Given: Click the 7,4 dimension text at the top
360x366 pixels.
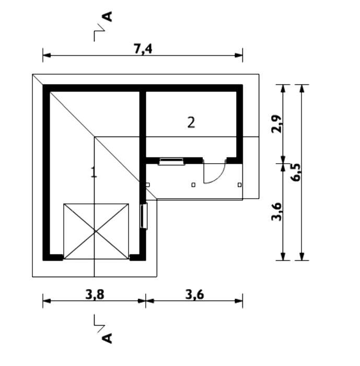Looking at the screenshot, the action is (143, 49).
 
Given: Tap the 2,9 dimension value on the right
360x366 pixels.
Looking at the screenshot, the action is (277, 124).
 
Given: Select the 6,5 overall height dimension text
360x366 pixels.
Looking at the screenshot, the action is (296, 173).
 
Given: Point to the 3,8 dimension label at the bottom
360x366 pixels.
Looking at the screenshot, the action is (95, 294).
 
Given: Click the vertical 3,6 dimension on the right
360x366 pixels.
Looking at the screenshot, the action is (277, 212).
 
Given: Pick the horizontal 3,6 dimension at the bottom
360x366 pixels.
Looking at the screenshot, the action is (194, 294).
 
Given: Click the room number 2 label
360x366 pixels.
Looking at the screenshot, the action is (191, 122).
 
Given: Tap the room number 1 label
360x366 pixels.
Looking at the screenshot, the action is (94, 172).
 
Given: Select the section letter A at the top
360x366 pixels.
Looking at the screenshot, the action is (107, 17).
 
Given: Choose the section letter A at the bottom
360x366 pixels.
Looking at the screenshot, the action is (107, 338).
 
